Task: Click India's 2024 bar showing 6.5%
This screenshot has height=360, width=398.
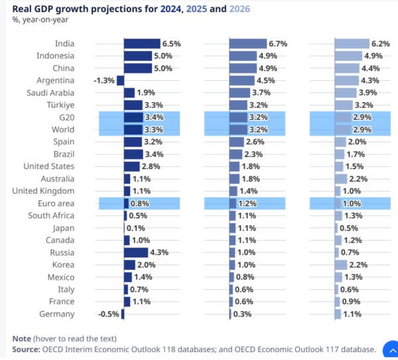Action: pos(142,44)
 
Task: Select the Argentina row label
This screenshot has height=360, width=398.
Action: pos(56,80)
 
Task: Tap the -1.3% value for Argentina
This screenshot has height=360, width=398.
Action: pos(104,80)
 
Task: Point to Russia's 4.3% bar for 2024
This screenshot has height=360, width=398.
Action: pos(135,252)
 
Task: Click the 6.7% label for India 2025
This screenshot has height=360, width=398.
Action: pos(277,44)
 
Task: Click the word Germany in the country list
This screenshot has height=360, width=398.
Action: pos(56,314)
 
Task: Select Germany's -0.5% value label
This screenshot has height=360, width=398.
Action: pos(107,314)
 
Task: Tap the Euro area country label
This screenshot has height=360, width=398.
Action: pos(56,203)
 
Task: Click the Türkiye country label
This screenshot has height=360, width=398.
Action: pos(60,105)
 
